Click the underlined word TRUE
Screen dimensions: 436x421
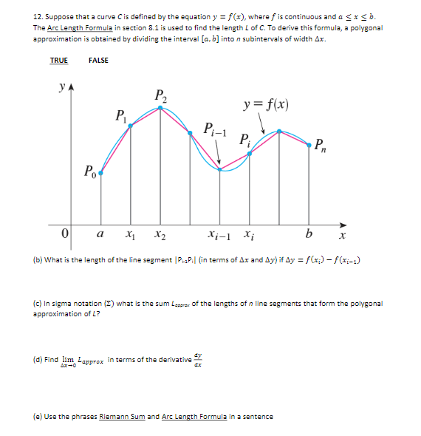coord(58,60)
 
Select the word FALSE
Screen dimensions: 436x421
coord(98,60)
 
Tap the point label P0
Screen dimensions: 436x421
coord(88,173)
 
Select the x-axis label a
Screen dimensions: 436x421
coord(101,235)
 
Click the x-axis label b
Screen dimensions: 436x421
coord(309,234)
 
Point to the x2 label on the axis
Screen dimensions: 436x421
coord(160,236)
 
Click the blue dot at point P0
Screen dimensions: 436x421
coord(101,174)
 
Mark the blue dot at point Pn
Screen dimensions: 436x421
coord(309,146)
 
